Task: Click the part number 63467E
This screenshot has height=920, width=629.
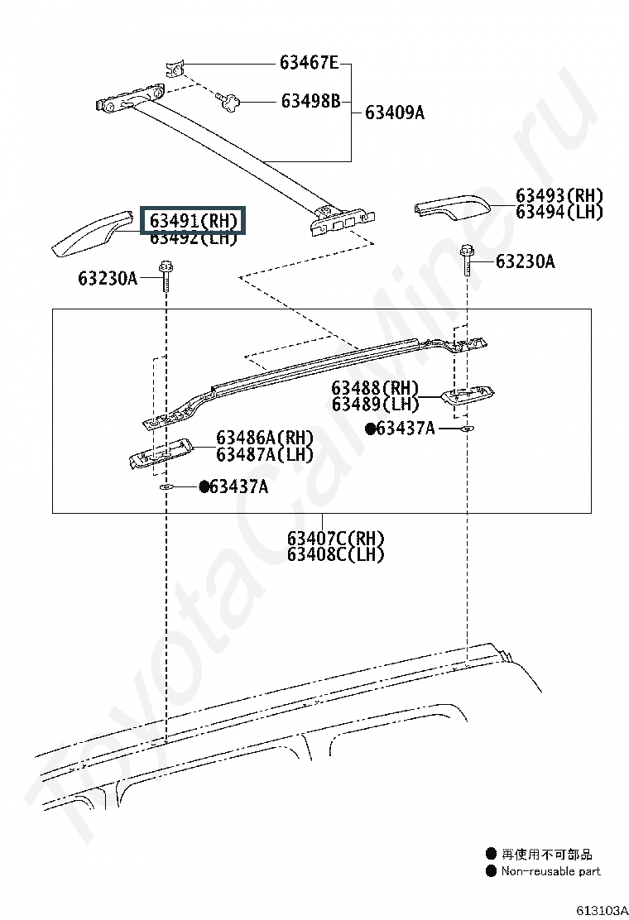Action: tap(309, 62)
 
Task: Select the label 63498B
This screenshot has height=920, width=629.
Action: tap(310, 101)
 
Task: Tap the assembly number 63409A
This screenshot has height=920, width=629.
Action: tap(394, 112)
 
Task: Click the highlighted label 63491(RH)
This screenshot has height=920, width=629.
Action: tap(193, 221)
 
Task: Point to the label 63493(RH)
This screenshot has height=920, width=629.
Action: tap(559, 195)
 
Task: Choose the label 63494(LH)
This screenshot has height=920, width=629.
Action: tap(559, 212)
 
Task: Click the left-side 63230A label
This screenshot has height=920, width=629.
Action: tap(108, 278)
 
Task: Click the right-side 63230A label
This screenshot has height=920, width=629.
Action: tap(526, 261)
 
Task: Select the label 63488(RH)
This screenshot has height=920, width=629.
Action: tap(376, 388)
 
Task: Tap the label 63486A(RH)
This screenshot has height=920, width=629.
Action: tap(265, 438)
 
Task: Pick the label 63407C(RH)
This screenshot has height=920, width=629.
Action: tap(336, 538)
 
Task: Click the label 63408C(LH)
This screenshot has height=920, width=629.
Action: tap(336, 554)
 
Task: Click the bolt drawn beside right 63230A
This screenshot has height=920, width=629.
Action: tap(468, 260)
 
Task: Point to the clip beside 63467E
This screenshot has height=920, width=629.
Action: tap(175, 69)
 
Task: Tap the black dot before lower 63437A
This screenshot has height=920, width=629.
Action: tap(204, 486)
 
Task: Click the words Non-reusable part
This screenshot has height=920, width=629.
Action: tap(551, 871)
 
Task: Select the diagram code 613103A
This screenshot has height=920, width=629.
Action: tap(602, 910)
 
